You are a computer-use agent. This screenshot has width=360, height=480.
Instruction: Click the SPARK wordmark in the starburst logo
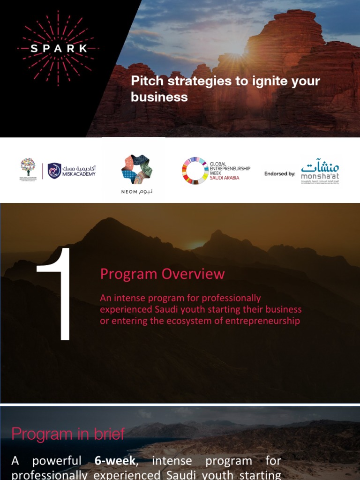coord(59,48)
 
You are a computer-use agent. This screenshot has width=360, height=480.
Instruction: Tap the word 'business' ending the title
coord(159,97)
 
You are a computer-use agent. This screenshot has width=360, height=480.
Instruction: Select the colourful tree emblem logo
coord(28,167)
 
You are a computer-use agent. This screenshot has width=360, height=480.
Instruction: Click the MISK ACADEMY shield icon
coord(54,171)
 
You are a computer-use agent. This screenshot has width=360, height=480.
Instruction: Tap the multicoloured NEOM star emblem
coord(137,169)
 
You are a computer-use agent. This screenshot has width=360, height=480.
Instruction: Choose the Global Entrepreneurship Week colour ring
coord(194,171)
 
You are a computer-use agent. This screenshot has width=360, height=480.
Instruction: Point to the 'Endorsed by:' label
coord(280,173)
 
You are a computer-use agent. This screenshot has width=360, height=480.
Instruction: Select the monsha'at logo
coord(320,172)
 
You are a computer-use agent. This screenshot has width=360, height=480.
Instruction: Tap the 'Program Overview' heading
coord(162,274)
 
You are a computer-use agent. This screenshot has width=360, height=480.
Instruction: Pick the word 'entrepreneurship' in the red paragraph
coord(263,321)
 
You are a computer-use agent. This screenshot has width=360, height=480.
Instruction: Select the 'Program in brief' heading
coord(68,434)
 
